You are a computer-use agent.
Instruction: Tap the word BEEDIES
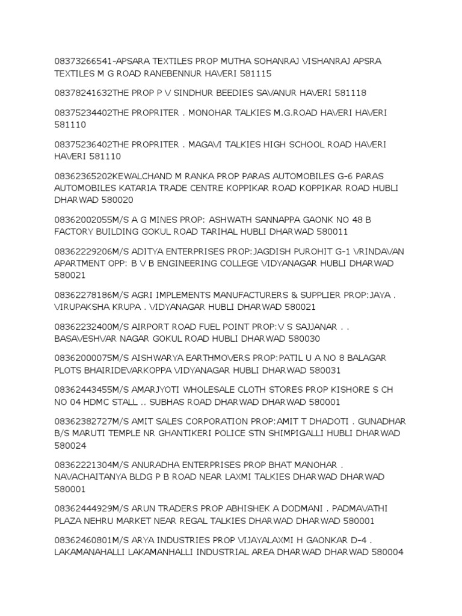[238, 93]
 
